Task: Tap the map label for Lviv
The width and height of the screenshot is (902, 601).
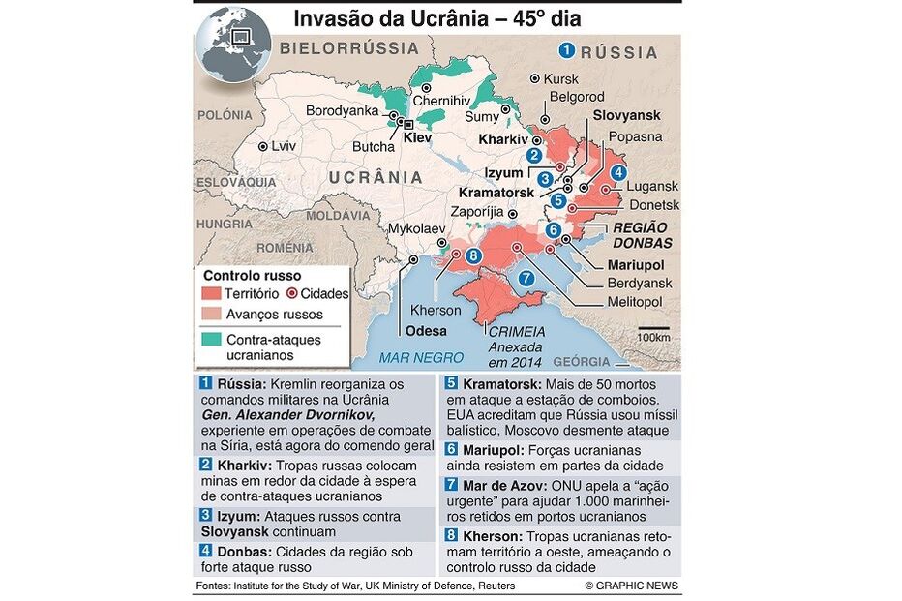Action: pyautogui.click(x=284, y=146)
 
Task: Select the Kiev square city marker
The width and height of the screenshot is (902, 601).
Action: pyautogui.click(x=407, y=124)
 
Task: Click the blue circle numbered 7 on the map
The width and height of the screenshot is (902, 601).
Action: pyautogui.click(x=526, y=278)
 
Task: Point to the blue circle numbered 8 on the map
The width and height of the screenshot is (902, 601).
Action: pyautogui.click(x=473, y=255)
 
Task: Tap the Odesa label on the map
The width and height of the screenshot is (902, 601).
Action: pyautogui.click(x=426, y=331)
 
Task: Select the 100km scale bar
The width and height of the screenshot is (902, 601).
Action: pyautogui.click(x=653, y=328)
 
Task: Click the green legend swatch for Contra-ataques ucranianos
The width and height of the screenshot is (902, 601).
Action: pyautogui.click(x=209, y=340)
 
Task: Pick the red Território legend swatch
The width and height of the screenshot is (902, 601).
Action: pyautogui.click(x=209, y=293)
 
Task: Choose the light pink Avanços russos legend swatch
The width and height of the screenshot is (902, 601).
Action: pyautogui.click(x=209, y=315)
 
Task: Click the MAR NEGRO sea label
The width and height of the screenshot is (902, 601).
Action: pyautogui.click(x=422, y=357)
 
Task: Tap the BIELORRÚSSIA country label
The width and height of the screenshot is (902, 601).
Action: pyautogui.click(x=348, y=47)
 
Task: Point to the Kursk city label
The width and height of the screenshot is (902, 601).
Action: pyautogui.click(x=561, y=78)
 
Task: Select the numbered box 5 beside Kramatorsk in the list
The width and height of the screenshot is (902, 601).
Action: pyautogui.click(x=451, y=382)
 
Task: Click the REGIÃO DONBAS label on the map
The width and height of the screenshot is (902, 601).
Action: pyautogui.click(x=643, y=235)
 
